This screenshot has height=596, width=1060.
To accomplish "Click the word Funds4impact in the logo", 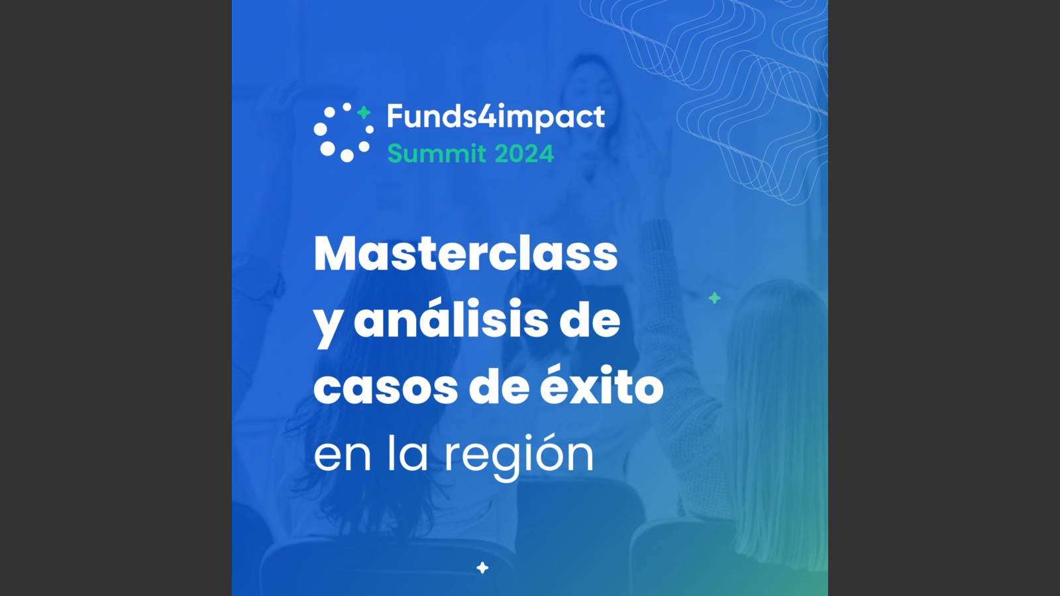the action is click(496, 117).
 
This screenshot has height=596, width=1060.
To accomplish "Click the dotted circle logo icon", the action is click(344, 132).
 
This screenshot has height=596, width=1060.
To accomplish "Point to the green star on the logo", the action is click(364, 113).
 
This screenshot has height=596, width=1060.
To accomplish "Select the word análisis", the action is click(451, 319).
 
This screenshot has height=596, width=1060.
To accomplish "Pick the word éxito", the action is click(602, 384).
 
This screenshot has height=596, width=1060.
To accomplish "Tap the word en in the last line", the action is click(342, 456).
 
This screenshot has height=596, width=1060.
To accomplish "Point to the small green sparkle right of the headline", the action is click(715, 298).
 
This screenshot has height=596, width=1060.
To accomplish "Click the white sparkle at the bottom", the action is click(482, 568).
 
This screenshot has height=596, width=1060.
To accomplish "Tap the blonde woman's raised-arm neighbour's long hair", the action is click(776, 417).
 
